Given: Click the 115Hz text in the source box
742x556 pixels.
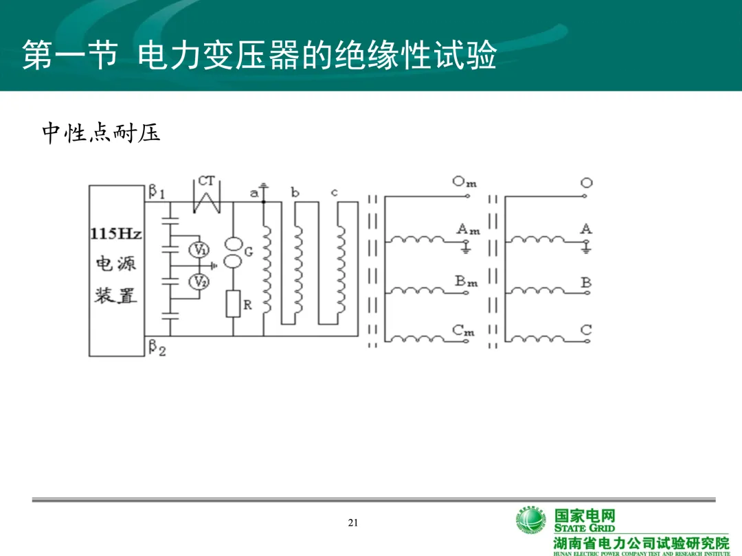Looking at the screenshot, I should [115, 233].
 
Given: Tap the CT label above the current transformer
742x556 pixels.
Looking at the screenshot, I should [206, 181].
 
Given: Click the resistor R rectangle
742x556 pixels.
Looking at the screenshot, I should [234, 303].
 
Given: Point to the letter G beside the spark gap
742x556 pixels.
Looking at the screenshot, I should [249, 252].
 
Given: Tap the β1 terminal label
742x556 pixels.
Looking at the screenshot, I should [156, 192].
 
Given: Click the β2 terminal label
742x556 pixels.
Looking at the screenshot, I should [157, 349].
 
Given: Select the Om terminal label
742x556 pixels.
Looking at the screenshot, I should [464, 182].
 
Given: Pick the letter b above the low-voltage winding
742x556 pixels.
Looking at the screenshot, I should [295, 193].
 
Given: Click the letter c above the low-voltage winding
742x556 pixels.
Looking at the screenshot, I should [335, 193].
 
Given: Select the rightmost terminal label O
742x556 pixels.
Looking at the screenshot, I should [586, 183].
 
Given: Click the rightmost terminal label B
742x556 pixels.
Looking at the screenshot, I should [586, 282].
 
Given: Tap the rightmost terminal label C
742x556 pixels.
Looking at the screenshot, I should [586, 330].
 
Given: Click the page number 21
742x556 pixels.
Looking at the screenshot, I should [354, 523].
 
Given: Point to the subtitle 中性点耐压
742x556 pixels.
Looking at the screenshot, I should [102, 133].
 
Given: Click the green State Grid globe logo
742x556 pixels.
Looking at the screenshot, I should [531, 524].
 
